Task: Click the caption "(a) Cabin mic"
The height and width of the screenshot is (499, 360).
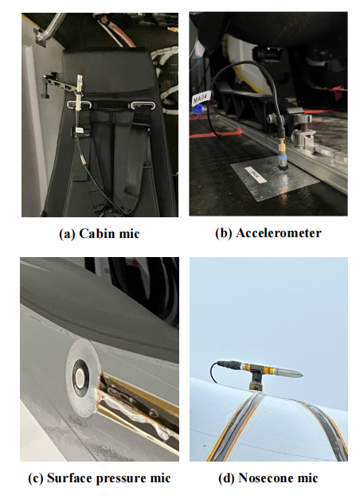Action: pos(100,234)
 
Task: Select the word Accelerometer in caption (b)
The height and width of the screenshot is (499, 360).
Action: pos(279,233)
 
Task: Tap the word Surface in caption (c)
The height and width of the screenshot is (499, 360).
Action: pos(65,478)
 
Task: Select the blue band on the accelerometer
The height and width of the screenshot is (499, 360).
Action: pos(283,158)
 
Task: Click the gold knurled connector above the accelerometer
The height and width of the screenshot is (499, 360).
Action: pos(282,146)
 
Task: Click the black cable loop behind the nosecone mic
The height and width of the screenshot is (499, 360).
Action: pos(214,372)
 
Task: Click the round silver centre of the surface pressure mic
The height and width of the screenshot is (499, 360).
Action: pos(80,378)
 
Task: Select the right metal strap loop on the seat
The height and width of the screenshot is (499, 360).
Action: pos(143,105)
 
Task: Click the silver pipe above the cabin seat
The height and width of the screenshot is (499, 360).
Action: pos(52,28)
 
